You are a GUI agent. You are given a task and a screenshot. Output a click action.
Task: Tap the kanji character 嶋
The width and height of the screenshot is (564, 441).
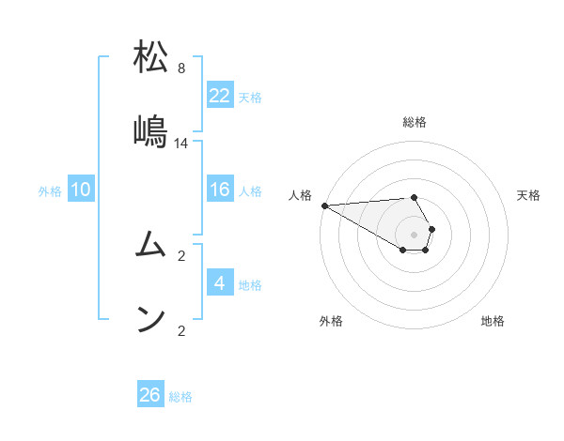pos(150,131)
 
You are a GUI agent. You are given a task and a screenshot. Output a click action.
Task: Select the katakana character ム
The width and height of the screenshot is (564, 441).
pos(150,246)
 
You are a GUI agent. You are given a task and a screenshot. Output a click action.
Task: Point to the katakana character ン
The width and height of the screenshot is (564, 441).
pos(150,320)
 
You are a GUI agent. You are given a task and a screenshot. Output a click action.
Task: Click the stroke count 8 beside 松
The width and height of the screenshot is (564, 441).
pos(181,68)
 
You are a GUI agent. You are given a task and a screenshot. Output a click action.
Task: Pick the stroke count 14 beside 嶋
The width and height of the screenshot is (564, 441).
pos(181,144)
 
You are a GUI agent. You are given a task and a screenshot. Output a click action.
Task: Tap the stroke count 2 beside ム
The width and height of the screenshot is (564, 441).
pos(181,255)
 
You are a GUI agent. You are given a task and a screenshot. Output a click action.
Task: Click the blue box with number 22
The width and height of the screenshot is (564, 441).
pos(220,95)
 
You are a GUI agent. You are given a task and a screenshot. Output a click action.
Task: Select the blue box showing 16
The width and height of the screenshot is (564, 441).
pos(220,190)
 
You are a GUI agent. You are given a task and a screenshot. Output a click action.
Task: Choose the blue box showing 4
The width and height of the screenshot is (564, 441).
pos(220,283)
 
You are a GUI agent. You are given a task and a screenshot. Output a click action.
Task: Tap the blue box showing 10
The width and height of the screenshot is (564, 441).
pos(81,190)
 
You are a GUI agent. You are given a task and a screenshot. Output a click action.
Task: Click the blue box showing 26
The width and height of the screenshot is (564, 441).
pos(150,395)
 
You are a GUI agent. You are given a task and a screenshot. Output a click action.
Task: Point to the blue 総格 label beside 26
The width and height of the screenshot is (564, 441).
pos(180,397)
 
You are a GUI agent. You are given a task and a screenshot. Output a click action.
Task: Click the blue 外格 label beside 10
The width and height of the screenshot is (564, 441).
pos(50,191)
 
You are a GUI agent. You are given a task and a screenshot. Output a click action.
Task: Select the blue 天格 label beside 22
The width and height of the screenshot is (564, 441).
pos(250,97)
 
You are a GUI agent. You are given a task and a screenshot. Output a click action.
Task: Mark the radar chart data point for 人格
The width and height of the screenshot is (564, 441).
pos(323,205)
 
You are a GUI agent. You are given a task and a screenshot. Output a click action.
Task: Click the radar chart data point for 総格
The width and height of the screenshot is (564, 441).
pos(414,197)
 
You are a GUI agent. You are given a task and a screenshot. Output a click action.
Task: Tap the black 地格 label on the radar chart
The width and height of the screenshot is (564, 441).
pos(493,321)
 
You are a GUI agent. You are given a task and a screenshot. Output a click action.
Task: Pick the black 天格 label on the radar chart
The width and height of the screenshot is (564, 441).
pos(528,195)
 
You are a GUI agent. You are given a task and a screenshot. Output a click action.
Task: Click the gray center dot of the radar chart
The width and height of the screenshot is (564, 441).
pos(414,234)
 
